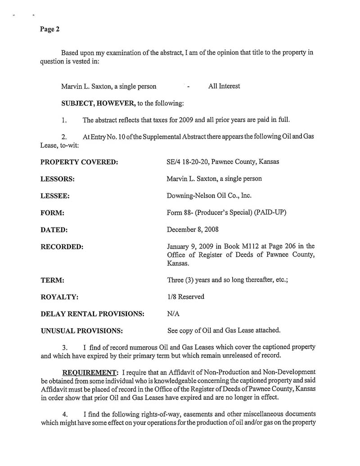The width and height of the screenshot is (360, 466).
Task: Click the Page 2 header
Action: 49,29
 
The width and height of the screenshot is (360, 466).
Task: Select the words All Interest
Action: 224,86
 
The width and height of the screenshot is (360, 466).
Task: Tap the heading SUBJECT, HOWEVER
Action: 99,104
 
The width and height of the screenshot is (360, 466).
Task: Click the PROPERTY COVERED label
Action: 79,162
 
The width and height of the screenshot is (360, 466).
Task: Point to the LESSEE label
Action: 55,196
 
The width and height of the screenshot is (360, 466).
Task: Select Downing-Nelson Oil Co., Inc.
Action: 209,196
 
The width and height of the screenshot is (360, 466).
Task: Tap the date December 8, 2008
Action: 193,230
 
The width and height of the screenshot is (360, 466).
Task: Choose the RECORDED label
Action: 62,247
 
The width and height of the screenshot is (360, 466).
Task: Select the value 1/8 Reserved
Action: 185,297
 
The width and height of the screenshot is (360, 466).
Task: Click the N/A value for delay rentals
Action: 173,314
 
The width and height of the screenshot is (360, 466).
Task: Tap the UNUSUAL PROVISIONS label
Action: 82,331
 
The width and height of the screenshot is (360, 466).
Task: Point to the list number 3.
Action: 65,348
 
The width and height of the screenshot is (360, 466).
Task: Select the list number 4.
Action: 65,414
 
